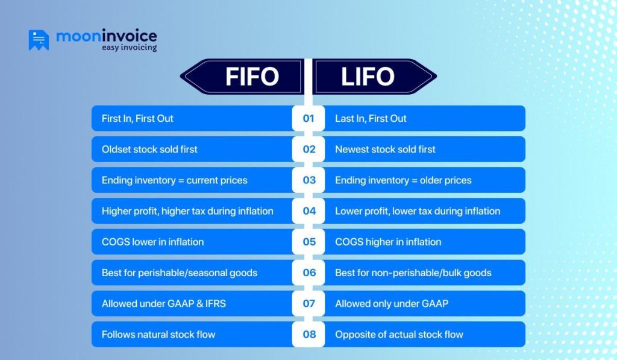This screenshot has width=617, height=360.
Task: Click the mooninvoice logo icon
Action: coord(39,40)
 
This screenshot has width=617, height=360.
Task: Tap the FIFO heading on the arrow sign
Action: coord(252,77)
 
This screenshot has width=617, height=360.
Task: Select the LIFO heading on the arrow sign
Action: coord(368,77)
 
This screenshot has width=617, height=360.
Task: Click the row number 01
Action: coord(308,118)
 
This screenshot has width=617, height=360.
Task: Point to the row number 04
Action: coord(308,211)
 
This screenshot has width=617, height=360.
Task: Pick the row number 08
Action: coord(308,334)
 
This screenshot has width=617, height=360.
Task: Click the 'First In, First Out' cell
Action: coord(137,118)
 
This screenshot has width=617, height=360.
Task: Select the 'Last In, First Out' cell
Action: coord(371,118)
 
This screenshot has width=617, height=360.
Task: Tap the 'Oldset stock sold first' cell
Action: coord(149,149)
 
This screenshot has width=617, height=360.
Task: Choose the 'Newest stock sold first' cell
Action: coord(385,149)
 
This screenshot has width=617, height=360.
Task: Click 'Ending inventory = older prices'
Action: coord(403,180)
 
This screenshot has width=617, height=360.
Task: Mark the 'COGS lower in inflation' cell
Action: coord(152,242)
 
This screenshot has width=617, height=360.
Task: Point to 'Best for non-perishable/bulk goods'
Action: coord(413,273)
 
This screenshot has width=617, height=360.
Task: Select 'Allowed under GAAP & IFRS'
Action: coord(163,303)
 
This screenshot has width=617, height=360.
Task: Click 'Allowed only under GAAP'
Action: coord(392,303)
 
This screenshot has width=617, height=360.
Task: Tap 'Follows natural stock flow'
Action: coord(158,334)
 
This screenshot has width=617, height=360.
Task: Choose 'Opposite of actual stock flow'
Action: coord(399,334)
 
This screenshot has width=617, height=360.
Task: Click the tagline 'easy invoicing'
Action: coord(129,47)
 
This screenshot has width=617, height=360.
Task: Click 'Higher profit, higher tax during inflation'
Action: coord(187,211)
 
